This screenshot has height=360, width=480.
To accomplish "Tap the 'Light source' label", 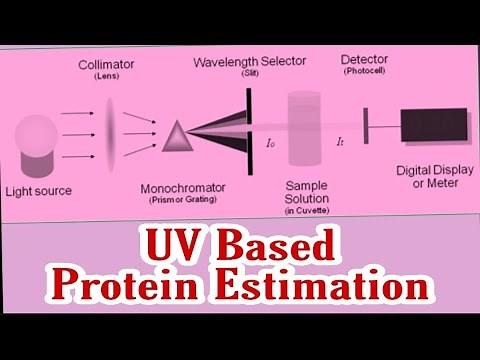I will pos(40,190).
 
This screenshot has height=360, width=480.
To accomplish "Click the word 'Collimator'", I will pos(107,65).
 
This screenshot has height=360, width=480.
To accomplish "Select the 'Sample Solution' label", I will pos(307,193).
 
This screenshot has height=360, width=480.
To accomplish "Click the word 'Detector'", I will pos(365,59).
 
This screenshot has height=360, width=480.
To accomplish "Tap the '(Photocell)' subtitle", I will pos(365,72).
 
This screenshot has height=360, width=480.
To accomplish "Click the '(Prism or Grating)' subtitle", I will pos(182,199).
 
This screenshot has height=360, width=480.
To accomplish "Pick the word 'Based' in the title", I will pos(275,245).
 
